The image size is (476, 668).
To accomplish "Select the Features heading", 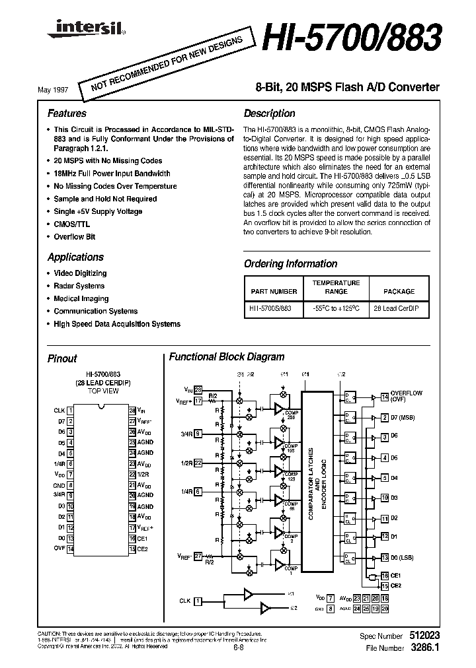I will (67, 113).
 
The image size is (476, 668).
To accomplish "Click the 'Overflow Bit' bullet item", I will (74, 236).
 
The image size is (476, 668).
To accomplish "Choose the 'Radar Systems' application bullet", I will (79, 286).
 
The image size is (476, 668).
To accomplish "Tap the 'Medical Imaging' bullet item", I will (81, 298).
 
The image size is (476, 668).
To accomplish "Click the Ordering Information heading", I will (290, 263).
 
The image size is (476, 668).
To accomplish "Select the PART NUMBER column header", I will (274, 291).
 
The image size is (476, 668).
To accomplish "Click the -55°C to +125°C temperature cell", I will (336, 308).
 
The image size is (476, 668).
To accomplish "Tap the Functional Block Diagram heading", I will (227, 356).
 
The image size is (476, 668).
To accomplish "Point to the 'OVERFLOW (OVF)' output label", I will (406, 395).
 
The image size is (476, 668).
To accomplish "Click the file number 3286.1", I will (426, 648).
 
